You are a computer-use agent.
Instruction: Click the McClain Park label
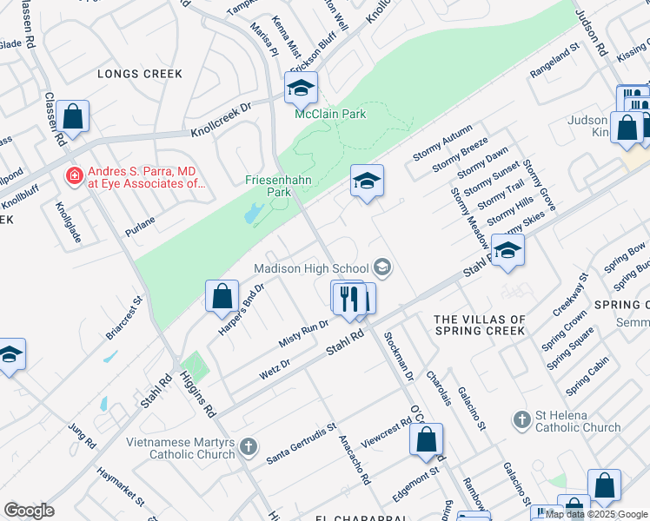pyautogui.click(x=329, y=114)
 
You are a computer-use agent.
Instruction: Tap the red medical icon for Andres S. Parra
pyautogui.click(x=75, y=175)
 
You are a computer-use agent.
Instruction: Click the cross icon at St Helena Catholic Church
pyautogui.click(x=521, y=419)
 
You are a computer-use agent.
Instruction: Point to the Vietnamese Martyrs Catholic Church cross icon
pyautogui.click(x=248, y=447)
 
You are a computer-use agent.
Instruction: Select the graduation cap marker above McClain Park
pyautogui.click(x=301, y=88)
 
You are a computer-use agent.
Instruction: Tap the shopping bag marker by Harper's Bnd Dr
pyautogui.click(x=222, y=296)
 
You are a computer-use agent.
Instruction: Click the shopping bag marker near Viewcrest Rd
pyautogui.click(x=426, y=440)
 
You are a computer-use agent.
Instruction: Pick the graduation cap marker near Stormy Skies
pyautogui.click(x=507, y=251)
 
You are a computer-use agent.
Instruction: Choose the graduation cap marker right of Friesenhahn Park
pyautogui.click(x=367, y=181)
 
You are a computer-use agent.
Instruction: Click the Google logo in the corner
pyautogui.click(x=29, y=511)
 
